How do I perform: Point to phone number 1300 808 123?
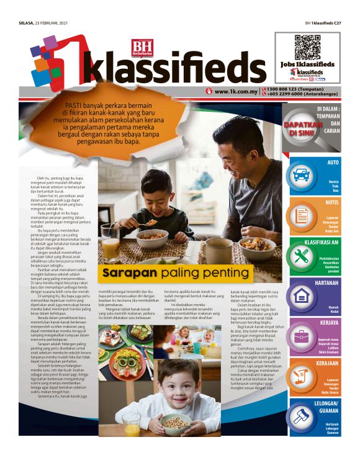pyautogui.click(x=282, y=88)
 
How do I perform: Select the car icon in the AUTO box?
pyautogui.click(x=302, y=174)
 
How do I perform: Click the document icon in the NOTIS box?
pyautogui.click(x=302, y=214)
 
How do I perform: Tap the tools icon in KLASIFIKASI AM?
pyautogui.click(x=302, y=255)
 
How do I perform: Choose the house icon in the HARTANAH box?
pyautogui.click(x=302, y=295)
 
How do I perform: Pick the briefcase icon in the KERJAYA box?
pyautogui.click(x=302, y=336)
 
